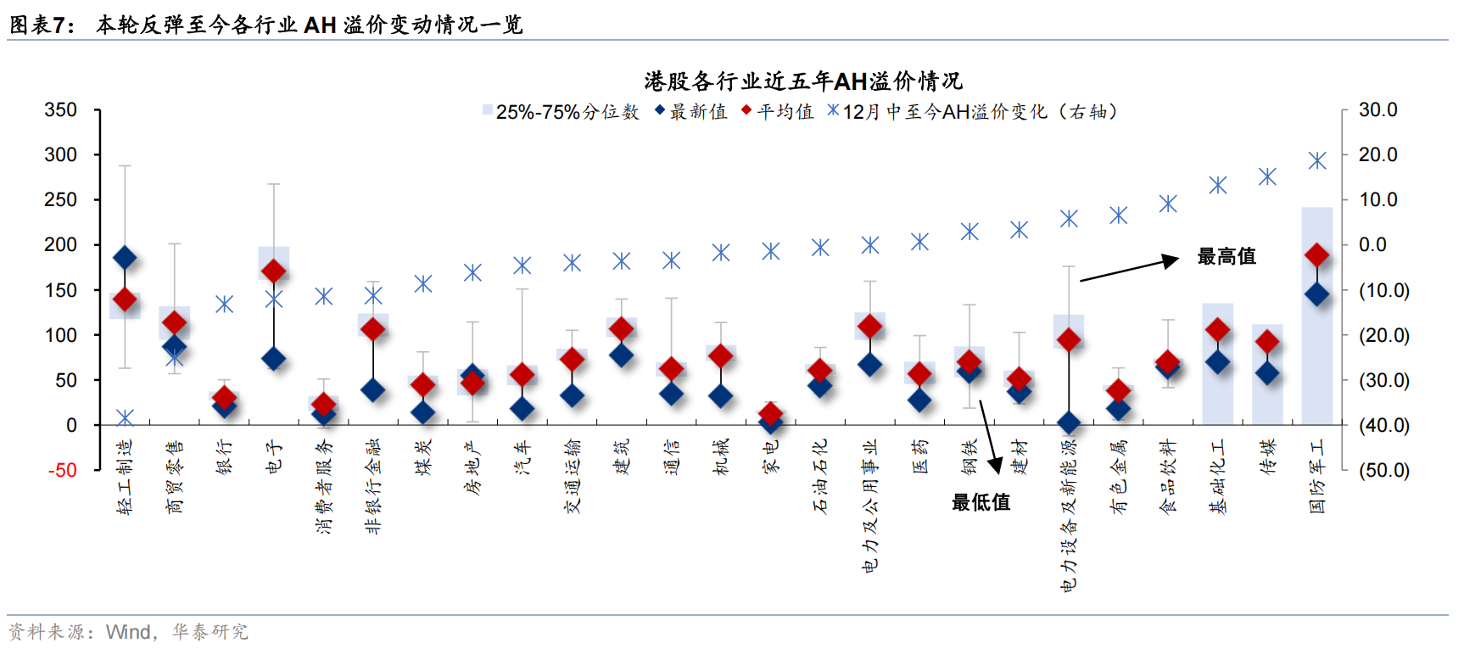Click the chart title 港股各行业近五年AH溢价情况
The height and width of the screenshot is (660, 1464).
pyautogui.click(x=802, y=81)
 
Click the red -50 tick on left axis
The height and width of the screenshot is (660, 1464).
pyautogui.click(x=62, y=471)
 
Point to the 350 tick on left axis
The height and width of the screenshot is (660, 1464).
pyautogui.click(x=60, y=110)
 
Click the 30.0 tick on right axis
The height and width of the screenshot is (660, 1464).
pyautogui.click(x=1377, y=110)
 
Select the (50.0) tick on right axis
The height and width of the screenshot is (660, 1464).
pyautogui.click(x=1383, y=471)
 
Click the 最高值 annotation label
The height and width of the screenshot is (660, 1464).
pyautogui.click(x=1226, y=256)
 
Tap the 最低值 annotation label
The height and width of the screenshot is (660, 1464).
pyautogui.click(x=981, y=502)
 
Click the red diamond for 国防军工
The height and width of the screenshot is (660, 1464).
pyautogui.click(x=1316, y=254)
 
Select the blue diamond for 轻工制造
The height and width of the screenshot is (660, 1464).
pyautogui.click(x=125, y=258)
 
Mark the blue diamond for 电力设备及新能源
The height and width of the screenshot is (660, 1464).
pyautogui.click(x=1069, y=422)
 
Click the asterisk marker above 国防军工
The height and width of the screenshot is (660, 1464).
pyautogui.click(x=1316, y=161)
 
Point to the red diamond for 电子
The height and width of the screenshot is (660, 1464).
pyautogui.click(x=273, y=271)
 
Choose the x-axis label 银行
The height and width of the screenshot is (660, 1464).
pyautogui.click(x=225, y=456)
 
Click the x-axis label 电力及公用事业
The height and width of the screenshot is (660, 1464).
pyautogui.click(x=869, y=506)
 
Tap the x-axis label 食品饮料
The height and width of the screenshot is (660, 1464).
pyautogui.click(x=1168, y=477)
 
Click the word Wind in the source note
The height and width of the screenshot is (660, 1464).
pyautogui.click(x=128, y=632)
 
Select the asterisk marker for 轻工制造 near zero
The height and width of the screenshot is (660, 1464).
pyautogui.click(x=125, y=418)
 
